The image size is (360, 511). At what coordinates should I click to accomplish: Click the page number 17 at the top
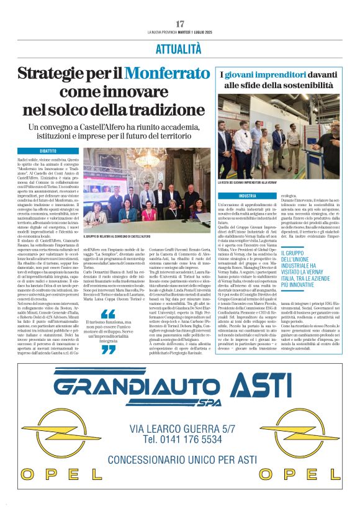[180, 24]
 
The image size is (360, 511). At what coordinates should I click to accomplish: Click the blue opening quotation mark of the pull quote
[107, 314]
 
